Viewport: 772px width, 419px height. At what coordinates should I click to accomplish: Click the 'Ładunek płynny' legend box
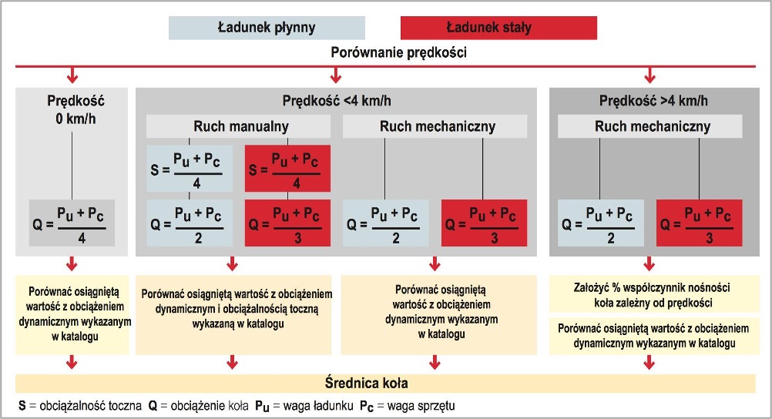coord(267,28)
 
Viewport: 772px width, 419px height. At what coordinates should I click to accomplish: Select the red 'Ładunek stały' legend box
coord(498,28)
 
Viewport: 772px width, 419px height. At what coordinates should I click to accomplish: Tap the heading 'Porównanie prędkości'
coord(398,52)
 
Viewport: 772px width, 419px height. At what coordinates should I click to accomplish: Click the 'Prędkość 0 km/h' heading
coord(76,109)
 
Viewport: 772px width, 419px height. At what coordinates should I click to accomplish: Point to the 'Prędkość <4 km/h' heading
coord(337,101)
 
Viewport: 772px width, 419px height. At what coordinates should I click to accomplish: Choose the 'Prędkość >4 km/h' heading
coord(653,101)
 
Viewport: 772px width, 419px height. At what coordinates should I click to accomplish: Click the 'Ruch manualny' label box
coord(238,126)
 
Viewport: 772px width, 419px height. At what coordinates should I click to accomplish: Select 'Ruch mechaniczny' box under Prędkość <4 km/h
coord(435,126)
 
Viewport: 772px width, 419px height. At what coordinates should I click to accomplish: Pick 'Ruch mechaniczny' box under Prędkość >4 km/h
coord(650,126)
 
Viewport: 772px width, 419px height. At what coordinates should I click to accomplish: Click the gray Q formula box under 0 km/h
coord(72,223)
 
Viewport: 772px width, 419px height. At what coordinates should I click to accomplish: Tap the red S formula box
coord(287,169)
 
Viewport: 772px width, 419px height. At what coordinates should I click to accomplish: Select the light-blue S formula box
coord(190,169)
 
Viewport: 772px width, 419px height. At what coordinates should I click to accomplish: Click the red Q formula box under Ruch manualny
coord(287,223)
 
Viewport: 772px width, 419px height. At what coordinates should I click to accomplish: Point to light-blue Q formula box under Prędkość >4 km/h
coord(601,223)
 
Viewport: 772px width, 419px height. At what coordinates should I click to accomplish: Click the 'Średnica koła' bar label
coord(366,383)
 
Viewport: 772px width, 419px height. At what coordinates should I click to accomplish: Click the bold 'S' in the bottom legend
coord(22,406)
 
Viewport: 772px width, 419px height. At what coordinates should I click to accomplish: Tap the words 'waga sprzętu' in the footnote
coord(421,406)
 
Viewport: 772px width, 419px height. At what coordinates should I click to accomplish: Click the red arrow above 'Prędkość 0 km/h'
coord(72,75)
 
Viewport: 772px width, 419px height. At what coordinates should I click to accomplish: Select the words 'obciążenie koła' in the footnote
coord(206,406)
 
